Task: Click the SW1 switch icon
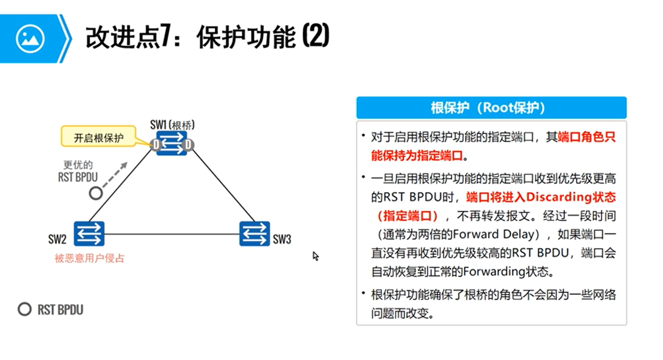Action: pos(172,143)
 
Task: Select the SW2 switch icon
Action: pos(89,234)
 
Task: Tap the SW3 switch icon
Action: pos(255,234)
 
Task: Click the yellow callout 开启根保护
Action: pos(99,138)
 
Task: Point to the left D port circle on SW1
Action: pos(156,145)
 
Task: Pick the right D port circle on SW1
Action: pos(188,145)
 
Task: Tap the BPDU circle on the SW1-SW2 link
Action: pos(95,193)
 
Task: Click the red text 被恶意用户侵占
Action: pos(90,258)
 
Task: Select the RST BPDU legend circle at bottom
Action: pos(24,309)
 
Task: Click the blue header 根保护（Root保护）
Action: pos(491,108)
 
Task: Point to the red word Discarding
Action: pos(551,197)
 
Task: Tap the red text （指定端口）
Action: pos(408,216)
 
